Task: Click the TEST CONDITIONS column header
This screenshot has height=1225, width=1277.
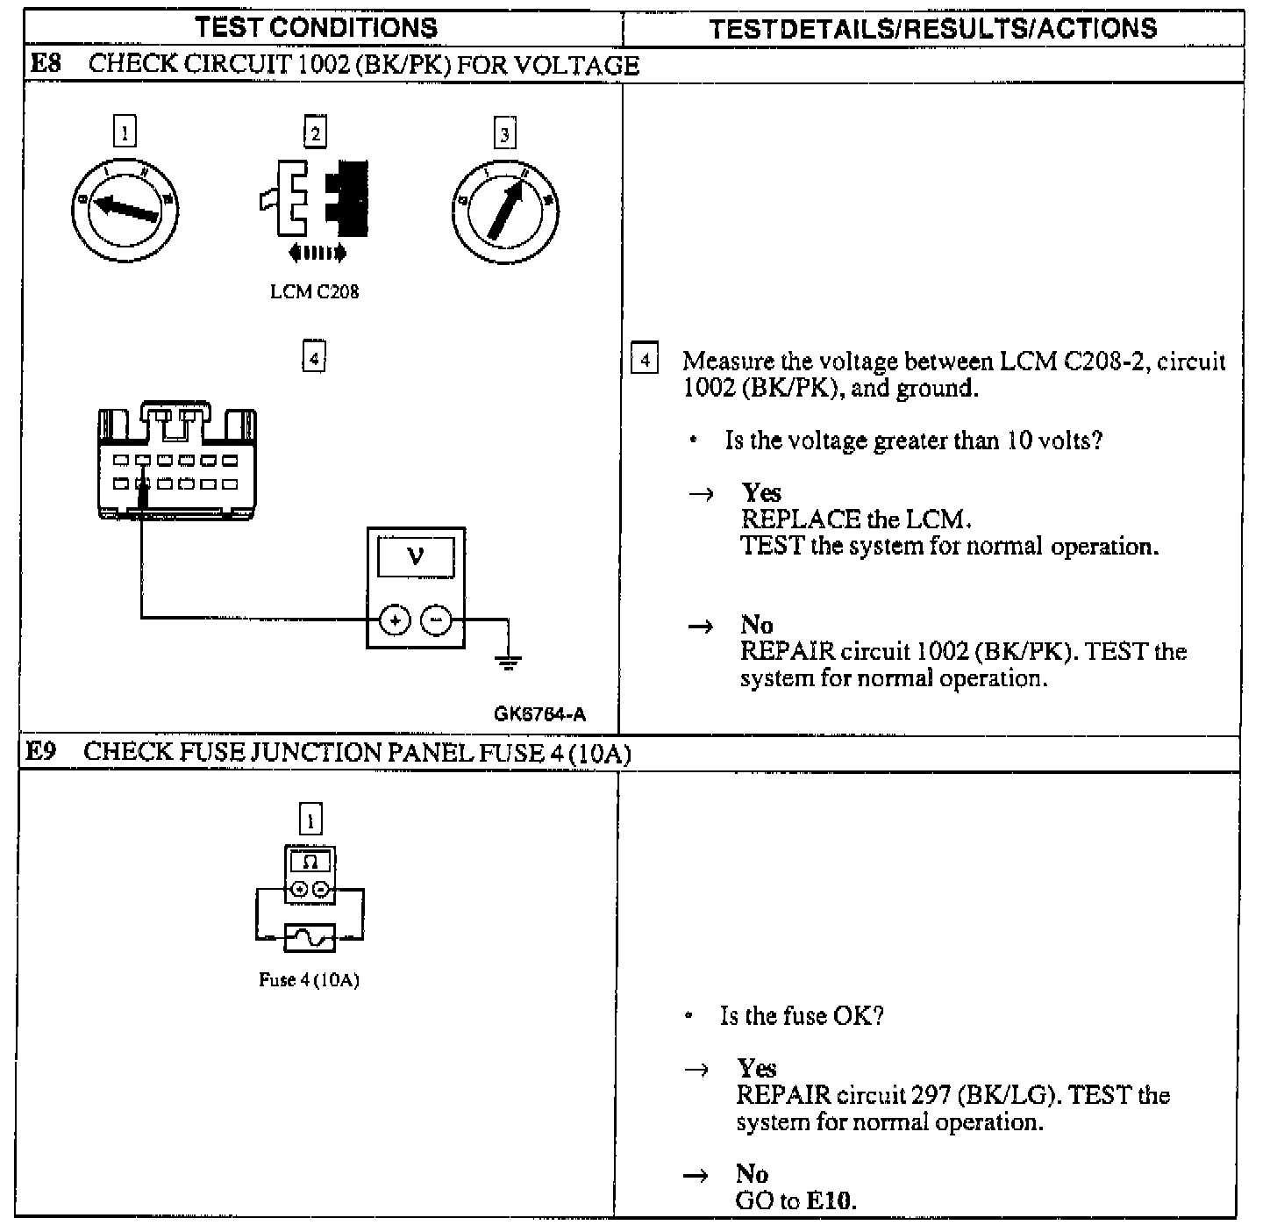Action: click(x=316, y=27)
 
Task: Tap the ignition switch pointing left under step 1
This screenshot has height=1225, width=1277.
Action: click(x=125, y=208)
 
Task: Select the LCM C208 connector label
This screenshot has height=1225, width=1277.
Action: click(x=314, y=292)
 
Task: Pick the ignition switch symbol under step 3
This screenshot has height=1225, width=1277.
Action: click(x=504, y=211)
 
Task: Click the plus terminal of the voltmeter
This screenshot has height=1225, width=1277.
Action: click(x=395, y=620)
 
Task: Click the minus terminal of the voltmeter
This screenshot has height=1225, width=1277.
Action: click(x=436, y=620)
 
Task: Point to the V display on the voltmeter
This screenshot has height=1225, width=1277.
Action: click(x=416, y=557)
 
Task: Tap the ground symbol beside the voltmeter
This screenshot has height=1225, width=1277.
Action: click(x=508, y=660)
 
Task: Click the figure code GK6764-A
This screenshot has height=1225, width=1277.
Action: click(x=539, y=714)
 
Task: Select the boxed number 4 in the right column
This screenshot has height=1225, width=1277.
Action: click(x=645, y=361)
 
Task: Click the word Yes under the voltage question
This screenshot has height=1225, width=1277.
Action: click(x=760, y=492)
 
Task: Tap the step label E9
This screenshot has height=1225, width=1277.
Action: click(x=40, y=752)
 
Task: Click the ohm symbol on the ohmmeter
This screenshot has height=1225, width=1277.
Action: click(x=310, y=863)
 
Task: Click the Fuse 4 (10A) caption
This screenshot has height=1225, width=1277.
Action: click(x=309, y=980)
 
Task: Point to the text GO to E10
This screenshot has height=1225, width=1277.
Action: click(x=795, y=1200)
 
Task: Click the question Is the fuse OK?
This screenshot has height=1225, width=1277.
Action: click(x=801, y=1016)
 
